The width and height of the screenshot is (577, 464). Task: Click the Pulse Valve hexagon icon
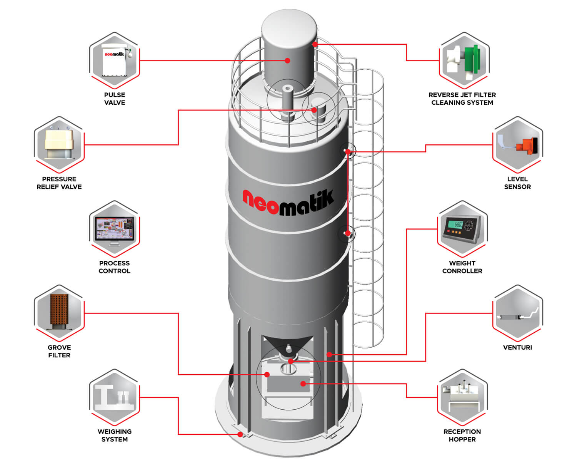point(114,60)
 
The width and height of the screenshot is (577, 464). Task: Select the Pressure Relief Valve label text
point(59,183)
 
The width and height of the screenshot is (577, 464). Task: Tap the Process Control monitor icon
point(114,229)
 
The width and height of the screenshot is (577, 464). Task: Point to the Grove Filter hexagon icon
point(59,313)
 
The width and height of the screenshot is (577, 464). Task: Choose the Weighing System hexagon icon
point(114,397)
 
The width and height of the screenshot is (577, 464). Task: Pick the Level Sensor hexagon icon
point(517,145)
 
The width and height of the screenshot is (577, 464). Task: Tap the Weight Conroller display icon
point(462,229)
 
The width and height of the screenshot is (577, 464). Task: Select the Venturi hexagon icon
point(517,313)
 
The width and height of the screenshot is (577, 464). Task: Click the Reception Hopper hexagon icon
point(462,397)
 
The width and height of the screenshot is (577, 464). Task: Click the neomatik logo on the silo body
point(288,201)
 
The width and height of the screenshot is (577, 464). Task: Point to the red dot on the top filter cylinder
point(287,60)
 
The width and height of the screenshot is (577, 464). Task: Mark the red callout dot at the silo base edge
point(240,434)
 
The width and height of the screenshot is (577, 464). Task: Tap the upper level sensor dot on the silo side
point(348,152)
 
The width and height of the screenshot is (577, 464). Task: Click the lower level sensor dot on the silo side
point(347,233)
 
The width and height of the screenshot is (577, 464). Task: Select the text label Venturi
point(517,347)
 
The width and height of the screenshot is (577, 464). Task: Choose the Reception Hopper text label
point(462,436)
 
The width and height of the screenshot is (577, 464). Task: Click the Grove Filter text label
point(59,351)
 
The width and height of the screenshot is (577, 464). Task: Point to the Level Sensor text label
point(517,183)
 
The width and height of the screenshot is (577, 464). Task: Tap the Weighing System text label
point(114,436)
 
